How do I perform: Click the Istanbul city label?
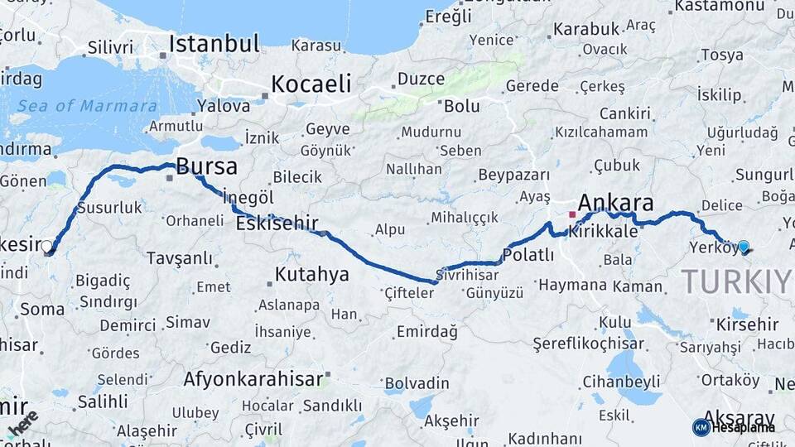click(x=214, y=43)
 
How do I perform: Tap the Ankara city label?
click(x=615, y=203)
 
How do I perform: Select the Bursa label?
click(x=206, y=166)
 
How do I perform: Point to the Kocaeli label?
click(x=311, y=84)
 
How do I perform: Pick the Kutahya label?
click(x=311, y=274)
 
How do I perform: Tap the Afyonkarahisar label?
click(x=253, y=379)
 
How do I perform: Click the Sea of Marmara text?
click(x=87, y=106)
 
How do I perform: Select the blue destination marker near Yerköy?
click(x=743, y=246)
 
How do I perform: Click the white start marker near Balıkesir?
click(x=46, y=246)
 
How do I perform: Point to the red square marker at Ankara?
click(x=571, y=214)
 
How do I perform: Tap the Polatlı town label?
click(x=528, y=255)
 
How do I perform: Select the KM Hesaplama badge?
click(x=734, y=427)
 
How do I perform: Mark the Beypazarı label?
click(x=514, y=175)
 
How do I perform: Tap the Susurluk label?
click(x=109, y=208)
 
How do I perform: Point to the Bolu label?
click(x=461, y=106)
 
